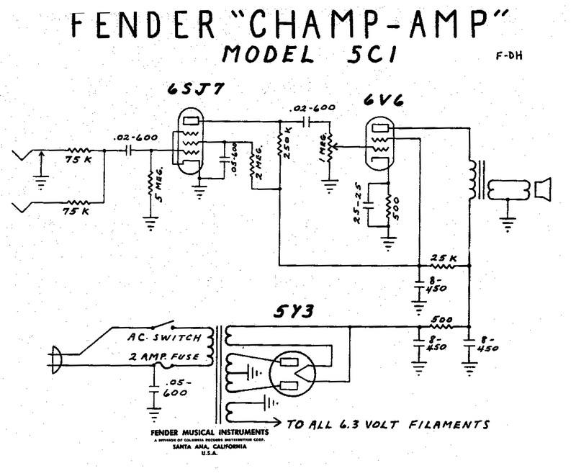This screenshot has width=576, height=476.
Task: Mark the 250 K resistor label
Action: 289,148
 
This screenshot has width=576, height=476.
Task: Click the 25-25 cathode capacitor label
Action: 356,206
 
